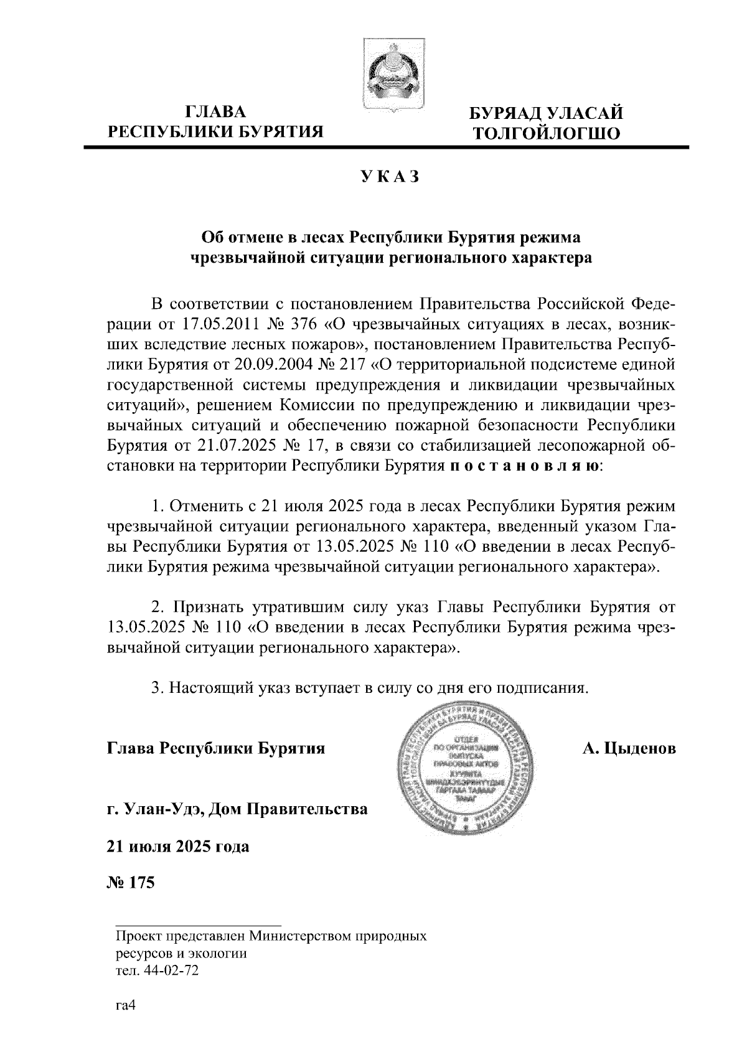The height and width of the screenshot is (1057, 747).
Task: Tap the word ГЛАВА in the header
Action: coord(217,113)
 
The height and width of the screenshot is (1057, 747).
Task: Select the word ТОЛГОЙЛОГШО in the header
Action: coord(546,133)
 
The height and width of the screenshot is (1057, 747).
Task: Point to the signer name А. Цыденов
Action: coord(629,748)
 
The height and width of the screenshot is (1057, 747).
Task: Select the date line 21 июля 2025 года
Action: coord(178,847)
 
